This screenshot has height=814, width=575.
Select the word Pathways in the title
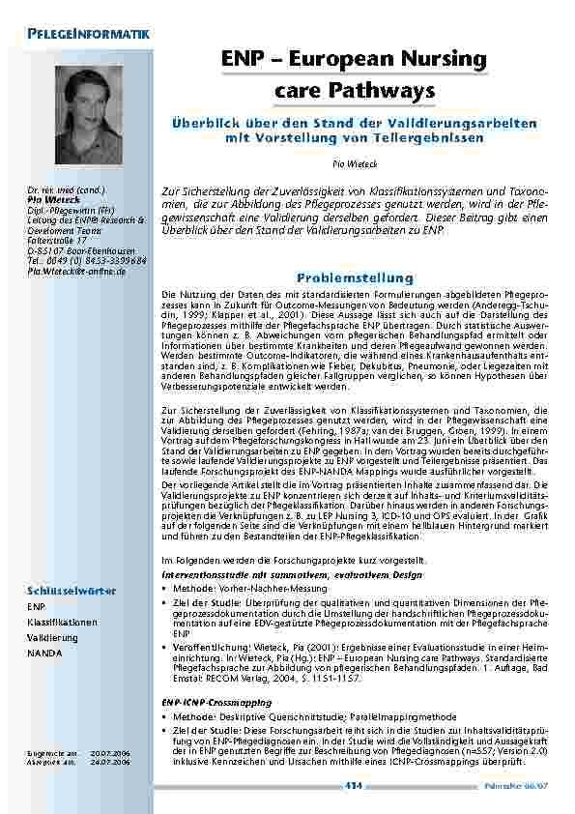(x=384, y=92)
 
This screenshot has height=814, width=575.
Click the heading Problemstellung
(x=354, y=277)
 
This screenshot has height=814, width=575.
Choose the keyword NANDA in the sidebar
(x=44, y=654)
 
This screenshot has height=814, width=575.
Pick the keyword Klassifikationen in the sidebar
(x=62, y=623)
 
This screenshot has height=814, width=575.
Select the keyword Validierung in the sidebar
(x=53, y=639)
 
